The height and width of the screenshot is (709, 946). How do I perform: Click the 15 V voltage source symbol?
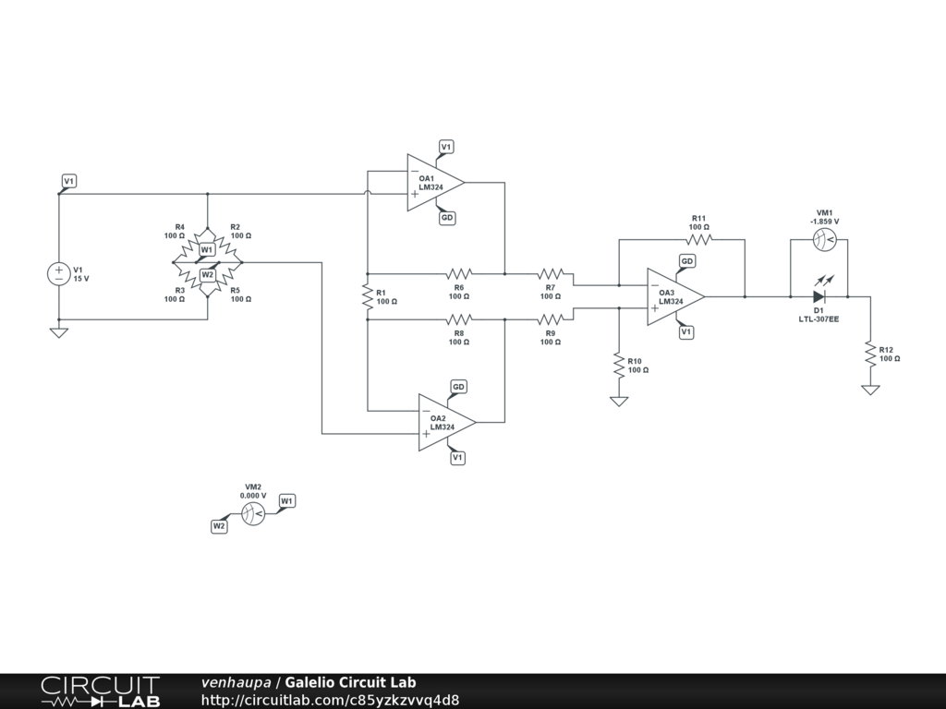pyautogui.click(x=58, y=274)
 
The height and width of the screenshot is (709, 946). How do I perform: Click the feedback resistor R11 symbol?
pyautogui.click(x=699, y=239)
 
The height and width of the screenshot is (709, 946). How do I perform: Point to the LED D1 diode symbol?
pyautogui.click(x=819, y=297)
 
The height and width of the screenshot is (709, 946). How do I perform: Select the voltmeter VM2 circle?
pyautogui.click(x=252, y=514)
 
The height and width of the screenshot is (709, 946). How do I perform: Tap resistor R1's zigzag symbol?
pyautogui.click(x=368, y=297)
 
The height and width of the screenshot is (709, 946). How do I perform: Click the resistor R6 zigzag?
pyautogui.click(x=459, y=274)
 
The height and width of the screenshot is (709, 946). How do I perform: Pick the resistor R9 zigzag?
pyautogui.click(x=551, y=320)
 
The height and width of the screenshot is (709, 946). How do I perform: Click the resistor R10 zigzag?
pyautogui.click(x=618, y=366)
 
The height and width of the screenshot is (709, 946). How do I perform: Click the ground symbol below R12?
pyautogui.click(x=870, y=390)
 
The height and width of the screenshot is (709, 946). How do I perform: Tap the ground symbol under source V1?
pyautogui.click(x=58, y=331)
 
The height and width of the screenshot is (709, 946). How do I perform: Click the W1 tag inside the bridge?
pyautogui.click(x=207, y=249)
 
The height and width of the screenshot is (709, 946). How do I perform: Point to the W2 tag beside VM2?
pyautogui.click(x=219, y=526)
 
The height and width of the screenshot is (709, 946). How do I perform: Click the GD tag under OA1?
pyautogui.click(x=446, y=218)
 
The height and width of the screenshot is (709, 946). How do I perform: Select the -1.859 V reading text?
pyautogui.click(x=822, y=222)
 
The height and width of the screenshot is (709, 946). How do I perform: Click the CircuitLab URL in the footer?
pyautogui.click(x=330, y=700)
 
